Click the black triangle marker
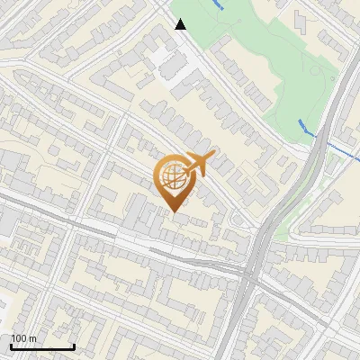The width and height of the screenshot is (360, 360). click(x=181, y=24)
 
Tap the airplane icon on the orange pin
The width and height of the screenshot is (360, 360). click(x=197, y=164)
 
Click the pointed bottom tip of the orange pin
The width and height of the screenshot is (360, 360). click(x=175, y=211)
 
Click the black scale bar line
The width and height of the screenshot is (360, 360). click(x=42, y=346)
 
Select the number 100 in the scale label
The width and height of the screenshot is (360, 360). click(x=19, y=338)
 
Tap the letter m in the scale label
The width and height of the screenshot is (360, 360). click(x=32, y=338)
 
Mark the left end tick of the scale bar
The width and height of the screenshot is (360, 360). click(x=12, y=345)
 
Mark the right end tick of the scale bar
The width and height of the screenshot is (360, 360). click(x=74, y=345)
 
